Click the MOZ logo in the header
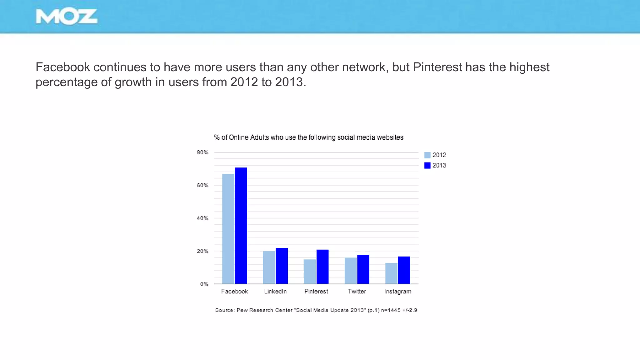click(67, 17)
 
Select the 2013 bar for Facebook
click(241, 226)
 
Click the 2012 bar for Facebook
click(228, 229)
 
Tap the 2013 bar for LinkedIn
click(282, 266)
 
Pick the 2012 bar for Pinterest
click(310, 272)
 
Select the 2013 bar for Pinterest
click(322, 267)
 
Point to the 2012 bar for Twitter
click(351, 271)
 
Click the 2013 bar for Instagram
click(404, 270)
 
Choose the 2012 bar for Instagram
click(391, 273)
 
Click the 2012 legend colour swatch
click(427, 155)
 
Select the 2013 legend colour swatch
click(427, 165)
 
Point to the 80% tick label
click(202, 152)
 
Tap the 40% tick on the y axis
click(202, 218)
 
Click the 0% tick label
click(204, 284)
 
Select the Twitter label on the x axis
click(357, 291)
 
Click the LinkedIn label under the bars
click(275, 291)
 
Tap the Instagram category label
click(397, 291)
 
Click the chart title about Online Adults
click(309, 137)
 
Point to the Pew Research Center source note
click(316, 310)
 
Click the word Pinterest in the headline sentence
click(437, 67)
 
